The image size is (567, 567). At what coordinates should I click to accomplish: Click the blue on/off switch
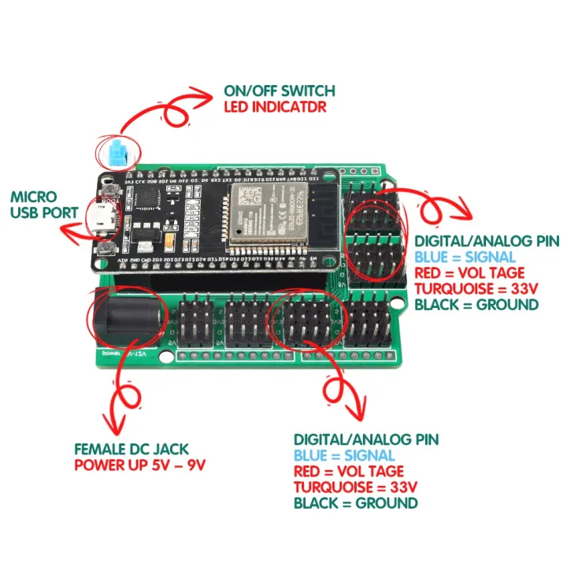119,153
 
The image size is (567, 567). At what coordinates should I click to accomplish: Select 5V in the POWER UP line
159,464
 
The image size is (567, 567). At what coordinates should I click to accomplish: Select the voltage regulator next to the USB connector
143,232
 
